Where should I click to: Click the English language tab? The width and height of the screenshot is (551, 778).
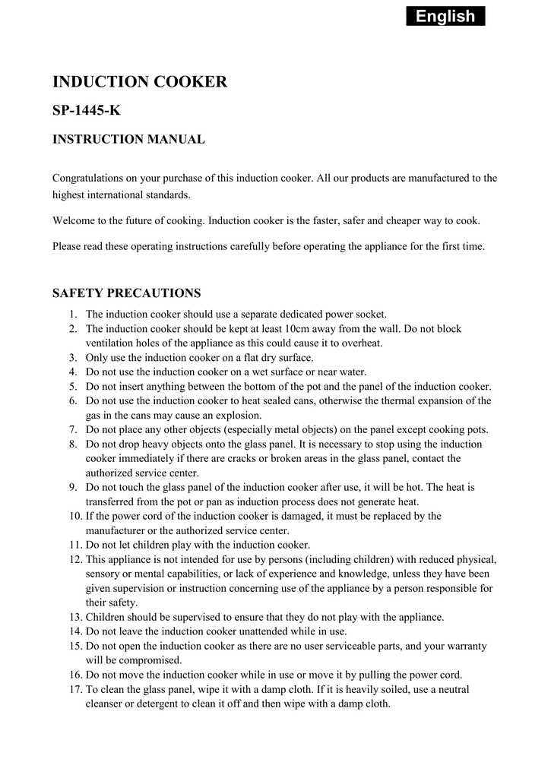pos(445,16)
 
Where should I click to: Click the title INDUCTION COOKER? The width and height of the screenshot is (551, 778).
pos(139,82)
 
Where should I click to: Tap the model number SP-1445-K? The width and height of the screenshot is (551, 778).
pos(86,111)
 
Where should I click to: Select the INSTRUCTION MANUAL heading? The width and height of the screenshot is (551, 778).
pos(128,139)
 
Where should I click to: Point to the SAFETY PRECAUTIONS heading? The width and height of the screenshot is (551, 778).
pos(126,293)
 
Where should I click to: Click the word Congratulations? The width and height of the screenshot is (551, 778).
pos(87,179)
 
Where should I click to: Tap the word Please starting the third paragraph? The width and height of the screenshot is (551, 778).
pos(67,247)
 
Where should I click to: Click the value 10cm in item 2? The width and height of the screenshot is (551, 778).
pos(299,329)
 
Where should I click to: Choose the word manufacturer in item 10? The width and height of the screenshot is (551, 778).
pos(115,530)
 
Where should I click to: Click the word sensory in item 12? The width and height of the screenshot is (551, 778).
pos(103,574)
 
